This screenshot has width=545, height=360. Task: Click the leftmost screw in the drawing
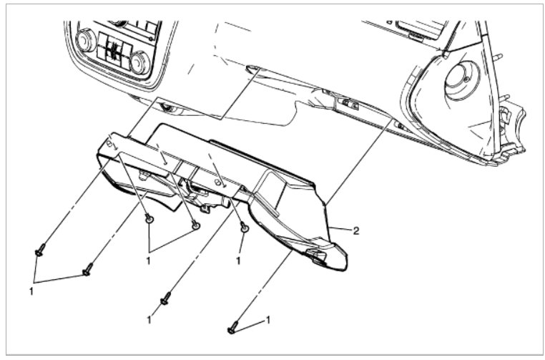[x=39, y=250]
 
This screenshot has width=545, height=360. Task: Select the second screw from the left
[x=87, y=269]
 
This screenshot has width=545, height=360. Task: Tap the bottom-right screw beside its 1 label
[x=232, y=327]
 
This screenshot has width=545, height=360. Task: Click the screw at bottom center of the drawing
[x=165, y=298]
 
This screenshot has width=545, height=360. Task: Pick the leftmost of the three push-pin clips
[x=149, y=218]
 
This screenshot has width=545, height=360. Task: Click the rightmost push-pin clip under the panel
[x=244, y=227]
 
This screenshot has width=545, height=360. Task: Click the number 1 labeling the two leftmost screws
[x=31, y=291]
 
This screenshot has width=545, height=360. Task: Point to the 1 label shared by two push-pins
[x=149, y=261]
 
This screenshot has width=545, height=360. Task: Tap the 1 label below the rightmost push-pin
[x=239, y=261]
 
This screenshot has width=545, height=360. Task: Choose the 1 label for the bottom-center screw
[x=149, y=316]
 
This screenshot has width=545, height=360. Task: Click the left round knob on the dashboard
[x=87, y=41]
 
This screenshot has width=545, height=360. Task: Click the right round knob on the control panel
[x=140, y=62]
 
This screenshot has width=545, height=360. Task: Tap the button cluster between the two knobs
[x=114, y=50]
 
